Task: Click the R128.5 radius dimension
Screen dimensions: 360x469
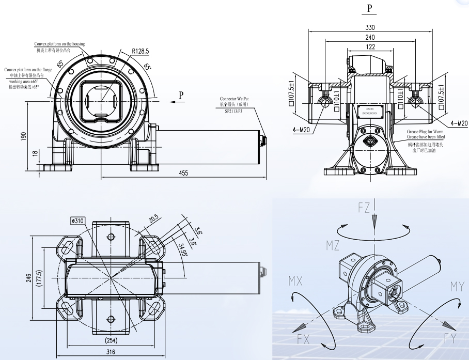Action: [x=140, y=51]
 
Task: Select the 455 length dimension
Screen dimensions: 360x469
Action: [x=183, y=174]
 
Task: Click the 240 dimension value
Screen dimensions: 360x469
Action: [x=370, y=37]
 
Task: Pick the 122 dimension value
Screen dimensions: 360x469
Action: [x=370, y=47]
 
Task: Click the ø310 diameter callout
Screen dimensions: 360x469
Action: [x=78, y=221]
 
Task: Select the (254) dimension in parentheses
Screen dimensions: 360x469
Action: [x=111, y=341]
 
